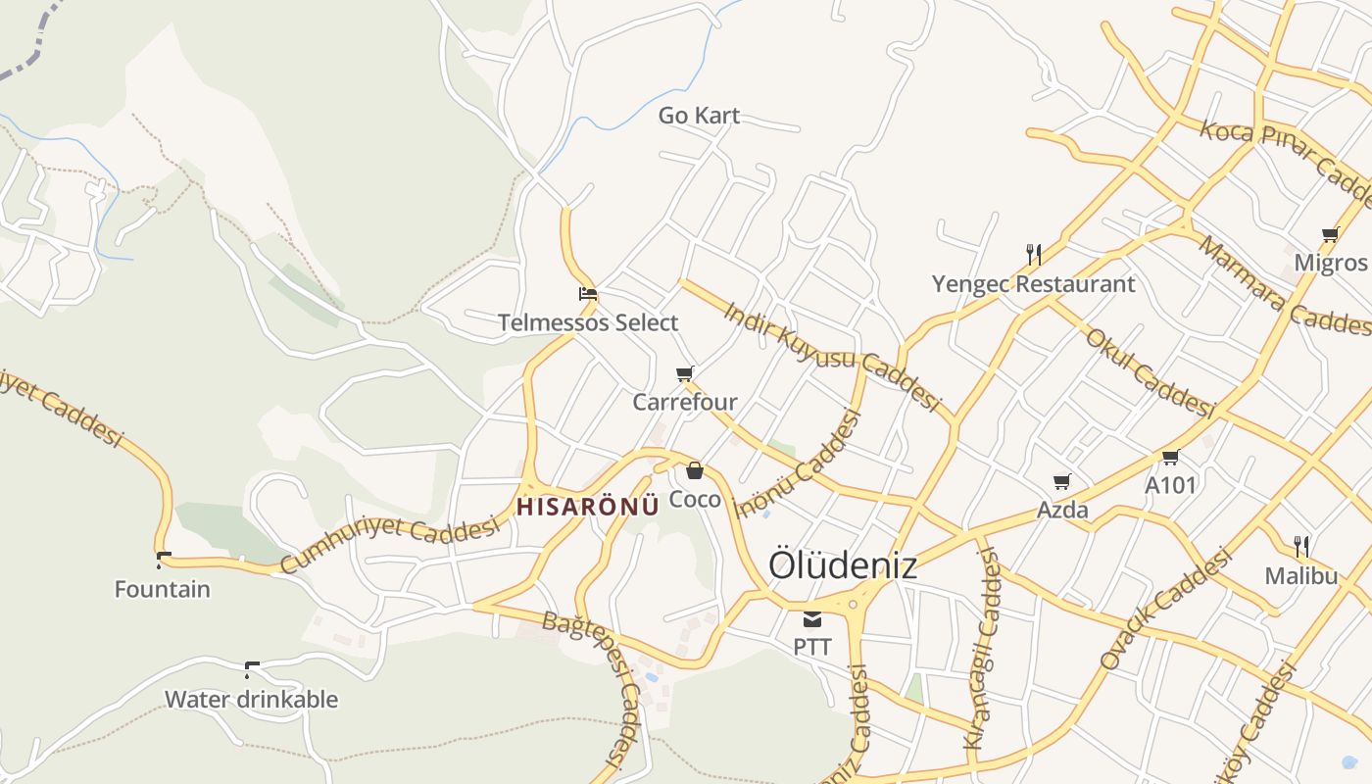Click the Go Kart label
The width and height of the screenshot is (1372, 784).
click(699, 116)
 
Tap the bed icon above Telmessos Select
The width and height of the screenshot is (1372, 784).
click(588, 293)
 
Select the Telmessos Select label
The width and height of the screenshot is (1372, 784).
click(588, 322)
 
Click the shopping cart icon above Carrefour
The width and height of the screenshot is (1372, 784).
click(685, 373)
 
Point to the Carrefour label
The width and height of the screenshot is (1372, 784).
click(685, 402)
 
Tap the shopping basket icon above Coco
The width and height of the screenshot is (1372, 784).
click(695, 470)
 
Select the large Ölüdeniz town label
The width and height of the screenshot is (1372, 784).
click(843, 565)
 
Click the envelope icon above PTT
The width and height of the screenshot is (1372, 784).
click(812, 618)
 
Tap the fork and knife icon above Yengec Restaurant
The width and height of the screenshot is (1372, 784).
click(1034, 255)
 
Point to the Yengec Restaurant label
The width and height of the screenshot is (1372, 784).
click(1033, 284)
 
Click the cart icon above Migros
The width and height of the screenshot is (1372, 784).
click(1330, 234)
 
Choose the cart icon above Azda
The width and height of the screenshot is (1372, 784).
click(1062, 481)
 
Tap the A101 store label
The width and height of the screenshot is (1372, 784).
click(1170, 485)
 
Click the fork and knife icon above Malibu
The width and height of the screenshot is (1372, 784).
click(1301, 546)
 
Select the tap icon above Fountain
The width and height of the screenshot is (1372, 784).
click(163, 561)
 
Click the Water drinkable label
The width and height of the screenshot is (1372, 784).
click(251, 699)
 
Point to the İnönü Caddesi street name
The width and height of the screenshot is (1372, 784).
click(799, 464)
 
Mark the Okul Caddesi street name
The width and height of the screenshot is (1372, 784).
click(1150, 372)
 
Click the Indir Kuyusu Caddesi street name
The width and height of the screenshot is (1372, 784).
click(832, 356)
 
